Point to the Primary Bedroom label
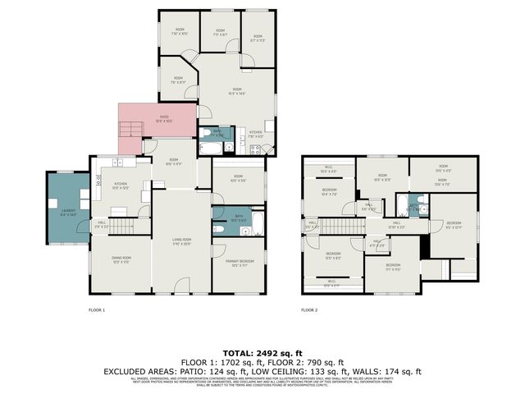[x=239, y=263]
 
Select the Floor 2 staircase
[x=340, y=226]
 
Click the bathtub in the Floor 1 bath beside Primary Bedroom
[x=256, y=223]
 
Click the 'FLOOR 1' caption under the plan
[x=98, y=310]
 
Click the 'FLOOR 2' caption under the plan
[x=309, y=310]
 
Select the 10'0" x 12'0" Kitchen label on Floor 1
[x=121, y=187]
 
